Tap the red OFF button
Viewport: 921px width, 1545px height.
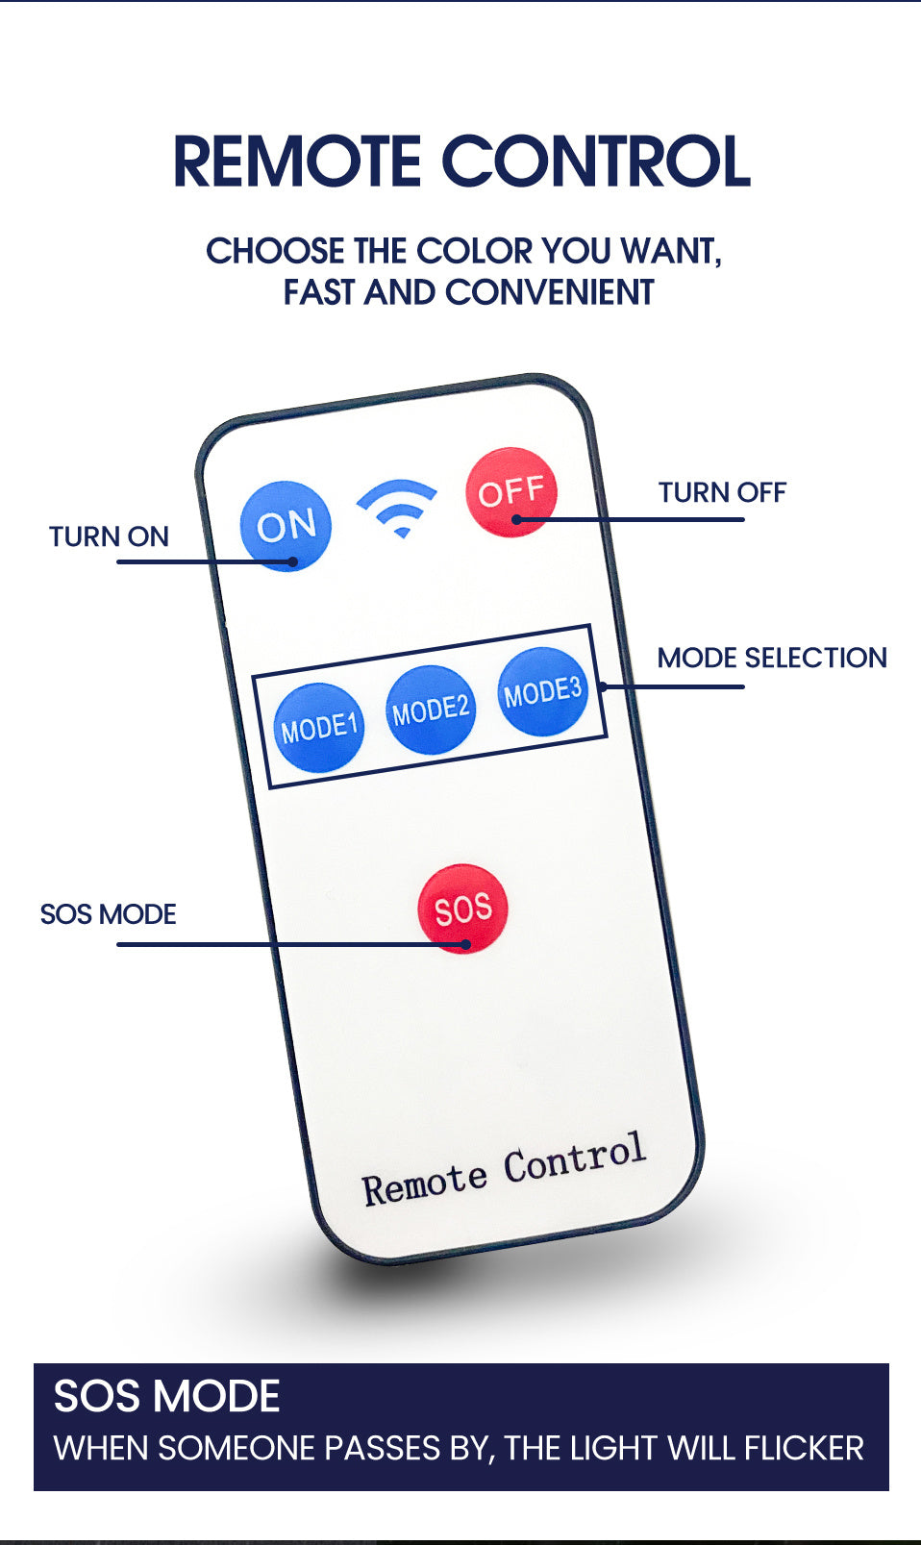511,492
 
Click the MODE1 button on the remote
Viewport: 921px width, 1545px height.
319,727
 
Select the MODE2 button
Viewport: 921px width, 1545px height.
431,710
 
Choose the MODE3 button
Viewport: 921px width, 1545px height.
543,691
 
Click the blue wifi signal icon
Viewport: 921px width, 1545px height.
397,506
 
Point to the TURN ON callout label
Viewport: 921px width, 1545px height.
109,536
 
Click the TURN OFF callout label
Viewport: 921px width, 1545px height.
722,492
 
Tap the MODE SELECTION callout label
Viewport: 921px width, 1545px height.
771,658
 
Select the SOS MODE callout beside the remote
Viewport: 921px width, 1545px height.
108,914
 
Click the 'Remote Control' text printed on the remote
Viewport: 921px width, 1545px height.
504,1168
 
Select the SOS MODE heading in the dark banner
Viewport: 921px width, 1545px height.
166,1396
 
